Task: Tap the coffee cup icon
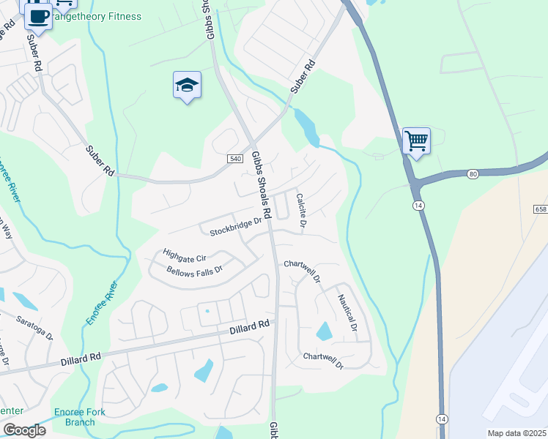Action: click(x=38, y=15)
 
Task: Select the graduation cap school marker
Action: click(x=187, y=86)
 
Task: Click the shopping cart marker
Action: click(x=416, y=140)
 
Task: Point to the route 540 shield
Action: click(x=235, y=159)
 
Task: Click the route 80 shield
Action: click(x=473, y=173)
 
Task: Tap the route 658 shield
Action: click(x=541, y=209)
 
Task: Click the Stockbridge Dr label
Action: click(x=235, y=227)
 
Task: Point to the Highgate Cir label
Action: click(x=185, y=254)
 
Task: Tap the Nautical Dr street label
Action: click(x=347, y=312)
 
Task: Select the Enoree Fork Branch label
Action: click(x=79, y=417)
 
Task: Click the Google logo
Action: click(x=24, y=430)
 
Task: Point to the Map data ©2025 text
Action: click(x=516, y=433)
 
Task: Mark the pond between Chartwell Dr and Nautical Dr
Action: click(x=324, y=331)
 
